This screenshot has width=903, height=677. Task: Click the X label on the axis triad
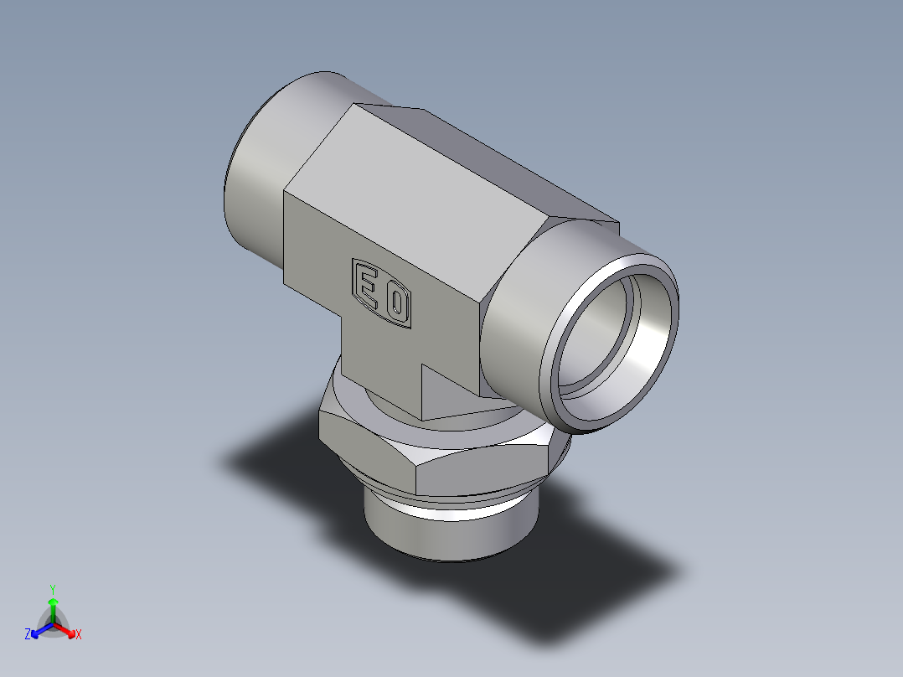(79, 635)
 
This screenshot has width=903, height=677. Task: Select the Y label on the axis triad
(52, 589)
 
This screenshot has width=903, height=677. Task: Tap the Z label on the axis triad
(28, 635)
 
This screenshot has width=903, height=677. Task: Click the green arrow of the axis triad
(53, 607)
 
